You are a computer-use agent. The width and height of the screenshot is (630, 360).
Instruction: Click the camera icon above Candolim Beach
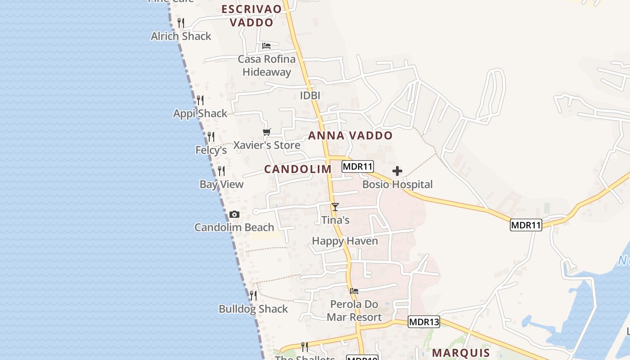pos(234,215)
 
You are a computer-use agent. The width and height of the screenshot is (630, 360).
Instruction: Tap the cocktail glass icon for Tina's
pos(335,207)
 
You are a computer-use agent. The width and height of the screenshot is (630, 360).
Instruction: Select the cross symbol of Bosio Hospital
pos(397,171)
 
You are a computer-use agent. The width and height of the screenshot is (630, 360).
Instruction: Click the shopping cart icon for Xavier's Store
pos(267,132)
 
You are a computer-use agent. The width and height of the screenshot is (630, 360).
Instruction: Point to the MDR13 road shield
pos(424,322)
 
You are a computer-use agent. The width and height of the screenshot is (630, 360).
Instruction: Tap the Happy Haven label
pos(345,241)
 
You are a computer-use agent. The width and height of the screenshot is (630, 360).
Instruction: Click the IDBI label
pos(310,95)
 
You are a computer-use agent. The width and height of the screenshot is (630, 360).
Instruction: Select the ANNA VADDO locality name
pos(351,135)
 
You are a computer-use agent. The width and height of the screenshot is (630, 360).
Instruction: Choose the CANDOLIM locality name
pos(298,169)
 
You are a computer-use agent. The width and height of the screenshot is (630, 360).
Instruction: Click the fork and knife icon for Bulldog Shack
pos(253,296)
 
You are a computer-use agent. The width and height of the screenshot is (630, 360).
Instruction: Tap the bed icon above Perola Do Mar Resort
pos(354,291)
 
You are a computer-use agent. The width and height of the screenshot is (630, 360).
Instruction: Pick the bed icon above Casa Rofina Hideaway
pos(266,46)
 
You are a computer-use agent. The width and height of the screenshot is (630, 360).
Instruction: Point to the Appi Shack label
pos(200,113)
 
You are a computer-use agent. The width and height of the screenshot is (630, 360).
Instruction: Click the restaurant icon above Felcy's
pos(211,136)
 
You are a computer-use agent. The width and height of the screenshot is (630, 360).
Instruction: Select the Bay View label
pos(221,184)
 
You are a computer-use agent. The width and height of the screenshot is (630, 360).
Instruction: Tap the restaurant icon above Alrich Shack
pos(181,22)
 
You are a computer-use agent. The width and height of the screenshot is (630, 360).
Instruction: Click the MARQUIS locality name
pos(461,352)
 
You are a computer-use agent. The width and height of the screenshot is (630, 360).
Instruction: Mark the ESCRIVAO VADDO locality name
pos(252,16)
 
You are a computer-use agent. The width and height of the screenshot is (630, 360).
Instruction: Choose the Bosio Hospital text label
pos(397,184)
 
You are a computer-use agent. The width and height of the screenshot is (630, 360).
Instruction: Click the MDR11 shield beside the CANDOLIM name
pos(358,166)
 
